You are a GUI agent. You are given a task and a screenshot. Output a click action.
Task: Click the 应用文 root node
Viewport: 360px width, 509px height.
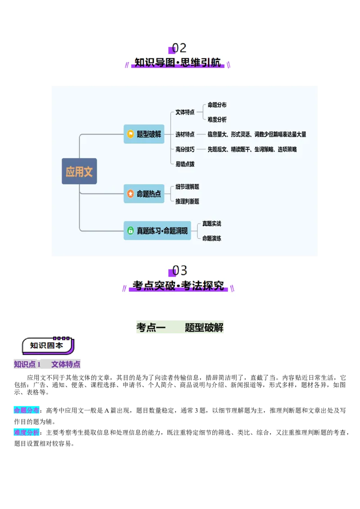coord(79,171)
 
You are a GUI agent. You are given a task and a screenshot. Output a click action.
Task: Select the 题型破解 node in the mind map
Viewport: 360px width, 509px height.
coord(144,134)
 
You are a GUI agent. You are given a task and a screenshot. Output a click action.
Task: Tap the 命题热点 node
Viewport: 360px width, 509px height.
coord(144,194)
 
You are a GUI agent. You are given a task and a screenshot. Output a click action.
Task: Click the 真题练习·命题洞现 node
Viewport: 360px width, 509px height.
coord(157,231)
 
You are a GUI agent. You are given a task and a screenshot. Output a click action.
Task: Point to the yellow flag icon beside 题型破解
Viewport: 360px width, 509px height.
coord(130,134)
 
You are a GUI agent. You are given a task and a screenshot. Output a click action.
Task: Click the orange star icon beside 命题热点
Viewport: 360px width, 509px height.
coord(130,194)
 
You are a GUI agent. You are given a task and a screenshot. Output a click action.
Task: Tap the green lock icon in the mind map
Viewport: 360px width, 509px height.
coord(130,231)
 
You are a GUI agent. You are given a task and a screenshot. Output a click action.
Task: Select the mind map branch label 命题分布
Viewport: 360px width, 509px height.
coord(217,105)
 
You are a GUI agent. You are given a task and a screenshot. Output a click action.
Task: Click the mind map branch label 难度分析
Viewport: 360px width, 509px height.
coord(217,120)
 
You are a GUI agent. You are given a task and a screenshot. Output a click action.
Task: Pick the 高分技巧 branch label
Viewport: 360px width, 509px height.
coord(185,149)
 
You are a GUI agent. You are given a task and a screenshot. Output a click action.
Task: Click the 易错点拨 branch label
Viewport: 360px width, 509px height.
coord(185,164)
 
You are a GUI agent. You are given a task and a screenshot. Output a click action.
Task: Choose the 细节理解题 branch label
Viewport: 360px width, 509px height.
coord(187,187)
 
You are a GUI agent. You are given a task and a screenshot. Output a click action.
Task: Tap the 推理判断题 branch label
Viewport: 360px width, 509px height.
coord(187,201)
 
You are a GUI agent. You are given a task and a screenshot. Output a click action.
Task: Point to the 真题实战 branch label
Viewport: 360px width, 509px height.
coord(211,223)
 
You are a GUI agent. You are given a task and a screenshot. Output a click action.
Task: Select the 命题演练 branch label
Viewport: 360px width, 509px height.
coord(211,238)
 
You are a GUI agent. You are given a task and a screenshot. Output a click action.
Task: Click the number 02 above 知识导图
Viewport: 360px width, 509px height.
coord(179,48)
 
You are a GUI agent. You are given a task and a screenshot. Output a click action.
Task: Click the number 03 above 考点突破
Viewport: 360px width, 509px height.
coord(179,271)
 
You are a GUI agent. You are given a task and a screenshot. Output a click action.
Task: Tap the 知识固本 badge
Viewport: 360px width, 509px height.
coord(47,345)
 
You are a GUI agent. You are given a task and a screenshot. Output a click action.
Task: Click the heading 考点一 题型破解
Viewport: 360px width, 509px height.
coord(180,327)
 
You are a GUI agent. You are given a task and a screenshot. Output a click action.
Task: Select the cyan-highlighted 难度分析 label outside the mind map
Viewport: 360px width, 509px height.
coord(26,433)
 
